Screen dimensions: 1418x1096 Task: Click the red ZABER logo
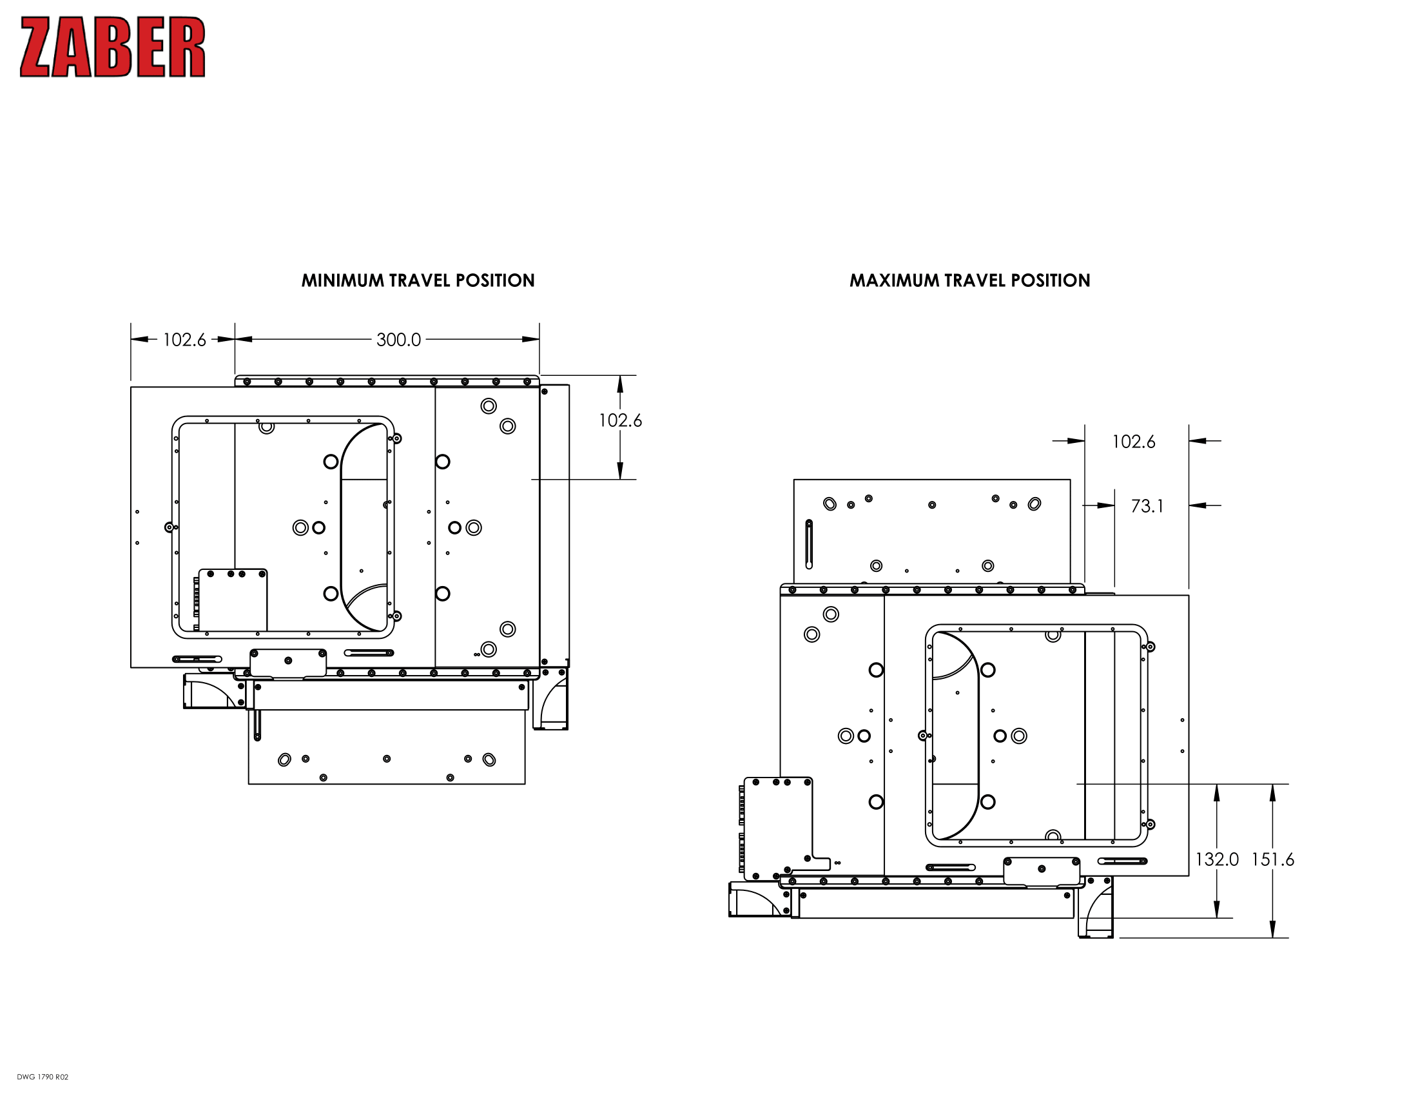pos(113,48)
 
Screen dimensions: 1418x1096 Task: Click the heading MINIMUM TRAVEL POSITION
pos(418,280)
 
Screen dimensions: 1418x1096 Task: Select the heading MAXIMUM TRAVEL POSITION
pos(970,280)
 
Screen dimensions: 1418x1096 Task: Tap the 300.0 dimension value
pos(398,340)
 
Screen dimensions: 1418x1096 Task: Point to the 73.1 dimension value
pos(1147,506)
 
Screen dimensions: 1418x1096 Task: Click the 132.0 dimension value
pos(1217,859)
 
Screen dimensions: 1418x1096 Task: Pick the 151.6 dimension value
pos(1272,859)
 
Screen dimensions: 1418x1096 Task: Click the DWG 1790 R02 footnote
pos(43,1077)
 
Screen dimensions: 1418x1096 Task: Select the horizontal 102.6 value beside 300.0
pos(184,340)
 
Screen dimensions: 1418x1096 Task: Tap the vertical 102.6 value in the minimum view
pos(620,420)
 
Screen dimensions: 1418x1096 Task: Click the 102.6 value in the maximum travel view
pos(1134,442)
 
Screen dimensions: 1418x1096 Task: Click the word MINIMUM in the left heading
pos(343,280)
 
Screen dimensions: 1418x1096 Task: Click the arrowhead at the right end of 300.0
pos(531,339)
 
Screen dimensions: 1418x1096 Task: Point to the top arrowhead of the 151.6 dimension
pos(1272,792)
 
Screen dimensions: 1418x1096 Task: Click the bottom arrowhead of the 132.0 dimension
pos(1217,909)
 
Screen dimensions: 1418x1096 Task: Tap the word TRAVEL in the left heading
pos(419,280)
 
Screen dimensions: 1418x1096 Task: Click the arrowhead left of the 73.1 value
pos(1106,505)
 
